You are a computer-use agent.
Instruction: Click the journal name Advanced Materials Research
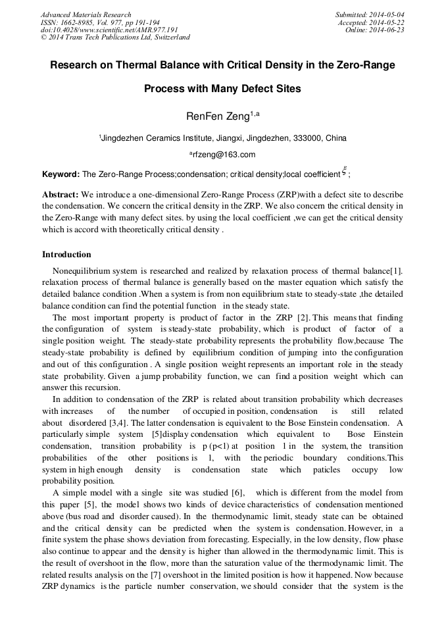pyautogui.click(x=86, y=14)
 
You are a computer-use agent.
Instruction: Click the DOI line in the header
pyautogui.click(x=109, y=30)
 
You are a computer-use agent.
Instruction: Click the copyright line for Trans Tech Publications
pyautogui.click(x=115, y=38)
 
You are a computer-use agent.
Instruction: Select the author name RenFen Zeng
pyautogui.click(x=210, y=116)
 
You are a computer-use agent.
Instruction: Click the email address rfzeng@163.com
pyautogui.click(x=222, y=155)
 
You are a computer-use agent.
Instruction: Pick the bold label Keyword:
pyautogui.click(x=61, y=174)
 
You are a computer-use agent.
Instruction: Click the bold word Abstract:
pyautogui.click(x=61, y=195)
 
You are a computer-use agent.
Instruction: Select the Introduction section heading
pyautogui.click(x=66, y=255)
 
